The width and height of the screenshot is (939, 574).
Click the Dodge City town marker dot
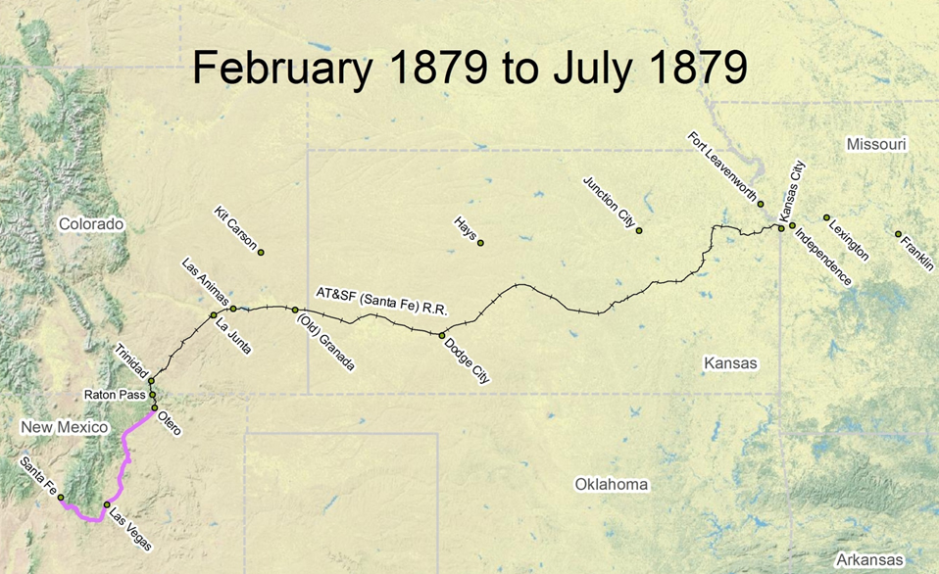point(442,335)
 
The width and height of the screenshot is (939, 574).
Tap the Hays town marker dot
point(480,243)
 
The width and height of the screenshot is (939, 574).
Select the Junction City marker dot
point(639,230)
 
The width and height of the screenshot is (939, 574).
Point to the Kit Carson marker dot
point(262,252)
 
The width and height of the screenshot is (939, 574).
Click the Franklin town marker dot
point(898,234)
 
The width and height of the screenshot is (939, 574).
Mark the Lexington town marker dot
point(826,217)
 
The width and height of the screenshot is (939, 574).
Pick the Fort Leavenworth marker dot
point(761,204)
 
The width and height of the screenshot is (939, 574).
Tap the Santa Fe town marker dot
point(61,498)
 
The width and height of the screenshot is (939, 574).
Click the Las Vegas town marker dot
point(107,505)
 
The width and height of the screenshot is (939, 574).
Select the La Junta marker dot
point(214,314)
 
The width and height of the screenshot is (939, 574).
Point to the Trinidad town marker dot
point(151,381)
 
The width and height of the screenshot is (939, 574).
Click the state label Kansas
point(730,363)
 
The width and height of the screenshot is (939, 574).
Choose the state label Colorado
point(91,224)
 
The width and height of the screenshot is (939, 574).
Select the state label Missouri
point(876,145)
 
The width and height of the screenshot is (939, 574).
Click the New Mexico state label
point(64,427)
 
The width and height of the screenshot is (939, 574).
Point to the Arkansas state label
point(864,559)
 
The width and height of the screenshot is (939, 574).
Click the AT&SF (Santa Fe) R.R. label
point(380,301)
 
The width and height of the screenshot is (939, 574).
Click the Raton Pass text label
point(114,396)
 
